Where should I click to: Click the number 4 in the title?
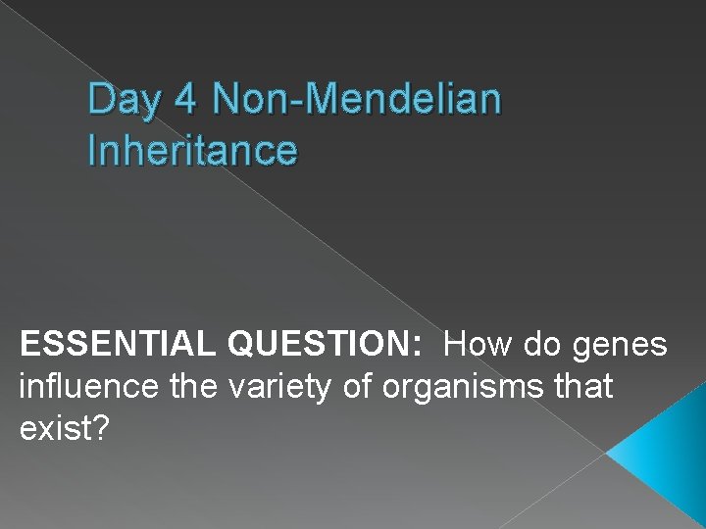pos(181,99)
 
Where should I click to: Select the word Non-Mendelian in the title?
pos(356,99)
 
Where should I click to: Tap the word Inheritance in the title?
pos(192,150)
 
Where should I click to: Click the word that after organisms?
pos(582,387)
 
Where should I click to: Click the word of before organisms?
pos(356,387)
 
